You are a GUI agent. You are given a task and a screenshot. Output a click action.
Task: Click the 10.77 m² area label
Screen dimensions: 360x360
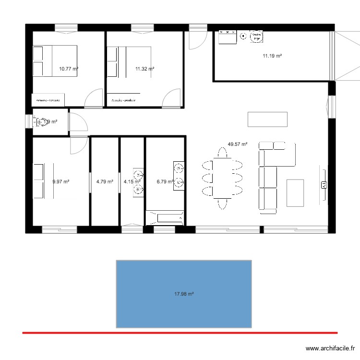tap(69, 69)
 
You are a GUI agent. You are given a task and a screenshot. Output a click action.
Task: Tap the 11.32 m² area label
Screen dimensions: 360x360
tap(144, 69)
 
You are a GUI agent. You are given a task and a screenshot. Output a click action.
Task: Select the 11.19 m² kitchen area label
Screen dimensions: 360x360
tap(272, 56)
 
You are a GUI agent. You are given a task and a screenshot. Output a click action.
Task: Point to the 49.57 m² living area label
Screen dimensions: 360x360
tap(238, 144)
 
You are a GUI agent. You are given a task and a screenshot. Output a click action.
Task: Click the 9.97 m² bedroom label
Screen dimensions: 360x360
tap(61, 181)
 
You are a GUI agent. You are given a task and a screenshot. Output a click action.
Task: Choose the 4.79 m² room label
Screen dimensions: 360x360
tap(105, 181)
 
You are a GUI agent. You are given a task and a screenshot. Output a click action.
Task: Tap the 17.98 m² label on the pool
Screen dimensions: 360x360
tap(184, 294)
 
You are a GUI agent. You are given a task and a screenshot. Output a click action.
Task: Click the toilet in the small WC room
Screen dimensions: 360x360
tap(41, 122)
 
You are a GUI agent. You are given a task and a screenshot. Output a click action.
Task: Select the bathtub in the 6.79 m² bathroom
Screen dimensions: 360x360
tap(165, 218)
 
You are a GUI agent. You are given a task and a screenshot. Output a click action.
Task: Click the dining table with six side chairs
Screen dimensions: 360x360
tap(222, 178)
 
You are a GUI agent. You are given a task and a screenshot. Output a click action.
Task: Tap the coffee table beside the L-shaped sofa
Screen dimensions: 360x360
tap(295, 192)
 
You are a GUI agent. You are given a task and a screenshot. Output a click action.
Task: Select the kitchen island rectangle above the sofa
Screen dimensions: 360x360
tap(267, 119)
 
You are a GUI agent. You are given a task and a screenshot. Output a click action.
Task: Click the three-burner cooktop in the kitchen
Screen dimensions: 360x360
tap(228, 36)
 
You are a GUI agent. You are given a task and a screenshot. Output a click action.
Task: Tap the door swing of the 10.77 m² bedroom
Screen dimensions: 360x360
tap(93, 98)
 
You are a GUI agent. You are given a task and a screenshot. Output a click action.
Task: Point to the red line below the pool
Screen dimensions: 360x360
tap(180, 332)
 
